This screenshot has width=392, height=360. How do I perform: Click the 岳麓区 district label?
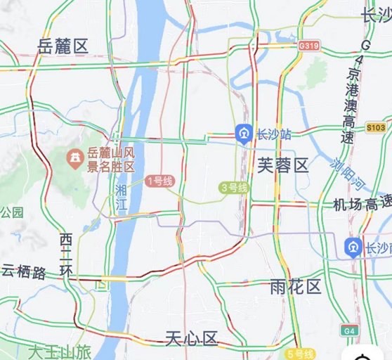click(x=63, y=46)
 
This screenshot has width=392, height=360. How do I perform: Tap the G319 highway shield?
click(x=308, y=45)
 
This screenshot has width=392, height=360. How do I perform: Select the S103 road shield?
click(x=376, y=127)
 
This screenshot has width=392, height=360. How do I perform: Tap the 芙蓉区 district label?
click(x=282, y=166)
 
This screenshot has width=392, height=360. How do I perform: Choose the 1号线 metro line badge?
click(x=159, y=181)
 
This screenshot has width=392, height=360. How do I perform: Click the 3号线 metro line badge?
click(x=234, y=188)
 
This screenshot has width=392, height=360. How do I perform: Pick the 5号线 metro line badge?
click(x=301, y=354)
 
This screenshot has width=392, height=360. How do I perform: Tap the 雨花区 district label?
click(x=295, y=286)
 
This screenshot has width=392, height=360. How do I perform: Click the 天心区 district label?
click(x=191, y=338)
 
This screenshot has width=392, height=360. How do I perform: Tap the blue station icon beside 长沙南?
click(x=353, y=247)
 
